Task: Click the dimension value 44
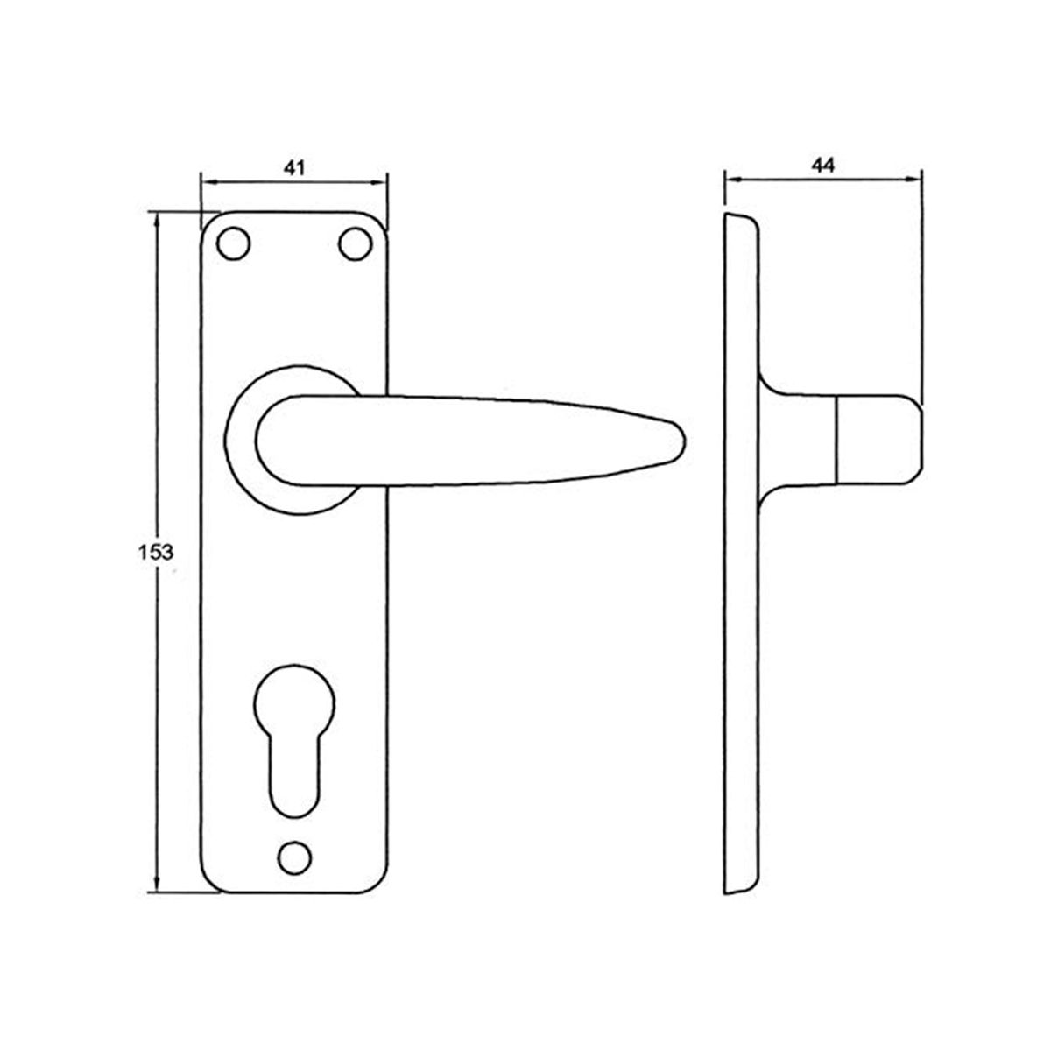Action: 822,165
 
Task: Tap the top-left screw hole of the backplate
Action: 233,243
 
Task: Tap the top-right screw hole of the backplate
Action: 354,243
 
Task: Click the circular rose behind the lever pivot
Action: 240,438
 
